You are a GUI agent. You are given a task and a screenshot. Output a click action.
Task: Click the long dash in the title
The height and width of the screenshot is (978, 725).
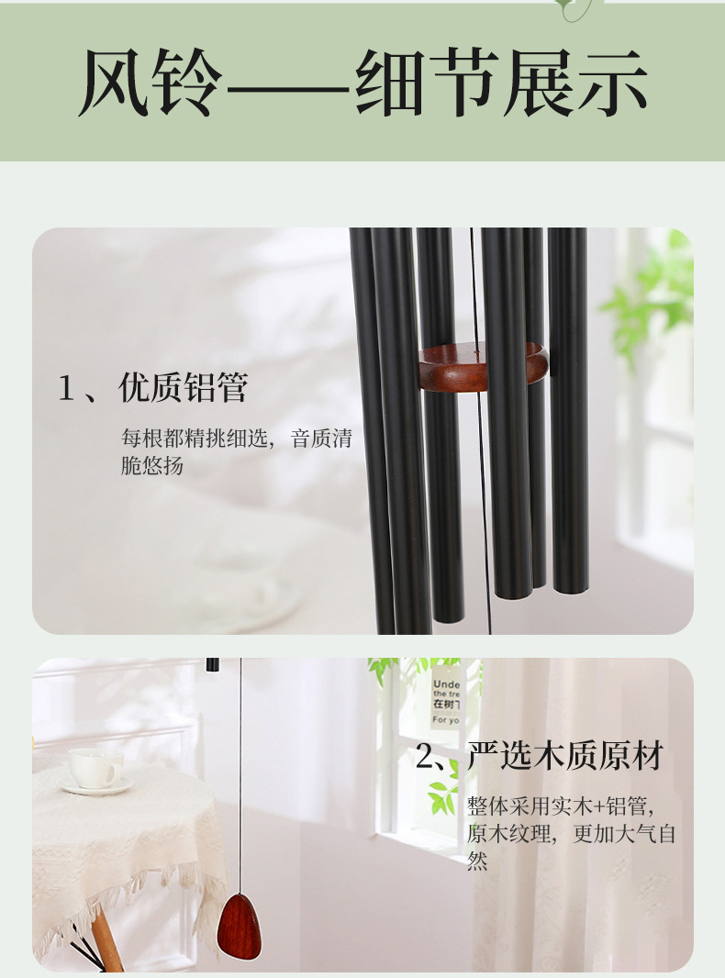pos(285,89)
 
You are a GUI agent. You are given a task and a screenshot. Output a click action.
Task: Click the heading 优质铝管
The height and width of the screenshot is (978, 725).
pos(184,388)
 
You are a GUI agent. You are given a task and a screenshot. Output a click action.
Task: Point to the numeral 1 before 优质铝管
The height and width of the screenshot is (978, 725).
pos(65,389)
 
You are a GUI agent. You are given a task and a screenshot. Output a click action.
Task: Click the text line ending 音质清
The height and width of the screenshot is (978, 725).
pos(236,438)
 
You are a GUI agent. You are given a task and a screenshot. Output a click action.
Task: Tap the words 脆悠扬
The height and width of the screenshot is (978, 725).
pos(152,465)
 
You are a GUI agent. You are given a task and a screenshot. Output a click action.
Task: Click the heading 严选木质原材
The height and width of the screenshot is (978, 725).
pos(564,757)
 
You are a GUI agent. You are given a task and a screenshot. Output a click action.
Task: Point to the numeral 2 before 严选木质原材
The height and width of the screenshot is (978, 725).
pos(424,758)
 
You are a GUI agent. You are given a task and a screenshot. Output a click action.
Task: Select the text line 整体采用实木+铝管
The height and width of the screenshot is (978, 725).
pos(560,806)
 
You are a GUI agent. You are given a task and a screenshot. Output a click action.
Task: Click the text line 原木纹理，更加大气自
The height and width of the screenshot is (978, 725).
pos(571,834)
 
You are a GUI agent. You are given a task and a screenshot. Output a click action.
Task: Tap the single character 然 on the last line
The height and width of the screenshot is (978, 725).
pos(477,861)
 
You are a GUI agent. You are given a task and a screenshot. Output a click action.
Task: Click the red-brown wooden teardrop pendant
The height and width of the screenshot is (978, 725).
pos(239,928)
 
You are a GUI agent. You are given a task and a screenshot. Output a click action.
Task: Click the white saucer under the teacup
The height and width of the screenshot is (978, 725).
pos(95,786)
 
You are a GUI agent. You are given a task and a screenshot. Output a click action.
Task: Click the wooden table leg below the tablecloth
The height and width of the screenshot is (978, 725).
pos(107,940)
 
